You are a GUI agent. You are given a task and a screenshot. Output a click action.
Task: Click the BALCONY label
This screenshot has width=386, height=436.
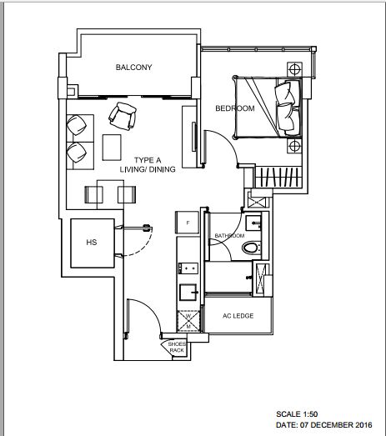click(x=133, y=68)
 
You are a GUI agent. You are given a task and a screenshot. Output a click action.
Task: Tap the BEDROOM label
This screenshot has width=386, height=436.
click(x=235, y=108)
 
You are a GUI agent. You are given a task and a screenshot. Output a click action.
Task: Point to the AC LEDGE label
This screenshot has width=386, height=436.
click(x=238, y=316)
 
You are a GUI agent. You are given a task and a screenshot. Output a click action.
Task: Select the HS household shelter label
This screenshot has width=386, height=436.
click(x=92, y=243)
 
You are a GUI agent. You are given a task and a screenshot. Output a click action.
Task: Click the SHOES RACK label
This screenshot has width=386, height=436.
click(x=177, y=348)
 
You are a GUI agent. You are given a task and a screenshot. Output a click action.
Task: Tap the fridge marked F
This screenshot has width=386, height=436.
click(x=187, y=223)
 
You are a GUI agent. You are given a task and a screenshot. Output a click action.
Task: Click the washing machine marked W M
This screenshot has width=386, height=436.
click(x=188, y=321)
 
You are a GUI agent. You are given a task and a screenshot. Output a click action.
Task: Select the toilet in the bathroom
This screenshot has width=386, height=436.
click(x=251, y=248)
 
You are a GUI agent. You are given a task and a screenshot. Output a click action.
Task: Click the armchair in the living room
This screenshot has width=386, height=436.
click(x=123, y=116)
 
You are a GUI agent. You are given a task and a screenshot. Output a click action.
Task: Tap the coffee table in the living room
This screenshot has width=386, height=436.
click(x=112, y=148)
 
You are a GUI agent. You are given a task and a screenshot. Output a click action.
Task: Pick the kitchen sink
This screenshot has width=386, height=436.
click(x=188, y=292)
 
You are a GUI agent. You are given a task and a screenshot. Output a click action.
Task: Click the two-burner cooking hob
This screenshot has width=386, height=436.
click(x=188, y=268)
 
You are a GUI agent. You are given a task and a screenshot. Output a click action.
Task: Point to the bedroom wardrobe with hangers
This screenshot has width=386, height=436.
click(x=278, y=177)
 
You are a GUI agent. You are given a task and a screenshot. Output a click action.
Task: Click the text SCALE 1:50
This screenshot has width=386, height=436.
click(x=297, y=414)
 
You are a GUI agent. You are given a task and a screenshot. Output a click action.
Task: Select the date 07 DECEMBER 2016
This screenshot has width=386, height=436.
click(x=336, y=425)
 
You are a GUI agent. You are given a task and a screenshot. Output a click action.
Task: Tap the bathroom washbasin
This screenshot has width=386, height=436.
click(x=253, y=223)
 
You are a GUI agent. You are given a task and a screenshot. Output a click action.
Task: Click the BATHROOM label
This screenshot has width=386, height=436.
click(x=230, y=236)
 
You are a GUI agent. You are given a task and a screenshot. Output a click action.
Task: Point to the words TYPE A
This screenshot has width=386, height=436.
click(x=148, y=160)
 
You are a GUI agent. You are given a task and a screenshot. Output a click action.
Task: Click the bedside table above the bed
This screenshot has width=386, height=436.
click(x=294, y=69)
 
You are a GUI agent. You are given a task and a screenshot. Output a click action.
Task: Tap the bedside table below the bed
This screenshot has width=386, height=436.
click(x=294, y=146)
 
